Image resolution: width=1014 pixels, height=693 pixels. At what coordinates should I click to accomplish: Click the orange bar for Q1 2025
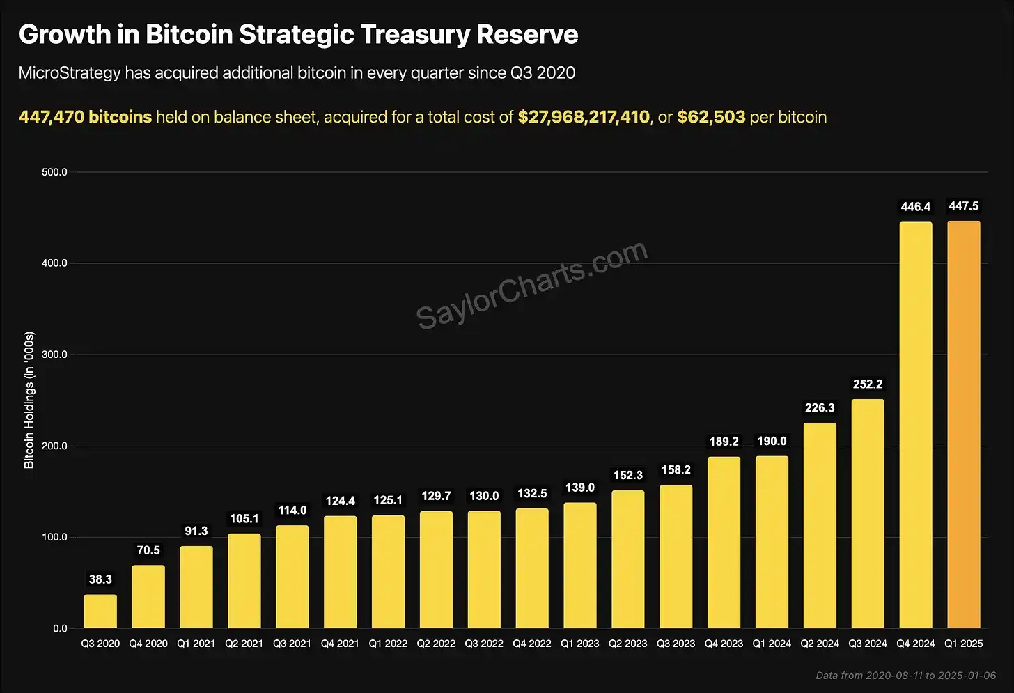(x=963, y=425)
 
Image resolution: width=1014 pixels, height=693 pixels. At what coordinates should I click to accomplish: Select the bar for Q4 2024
(x=915, y=425)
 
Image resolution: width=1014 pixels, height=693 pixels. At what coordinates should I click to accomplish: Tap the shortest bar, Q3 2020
(x=100, y=612)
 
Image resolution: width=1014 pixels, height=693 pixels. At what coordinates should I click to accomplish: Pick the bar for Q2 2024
(x=820, y=526)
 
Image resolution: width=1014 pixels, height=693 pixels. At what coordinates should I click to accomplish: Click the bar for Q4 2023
(x=724, y=543)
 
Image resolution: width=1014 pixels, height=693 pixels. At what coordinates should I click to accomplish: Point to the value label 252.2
(x=867, y=384)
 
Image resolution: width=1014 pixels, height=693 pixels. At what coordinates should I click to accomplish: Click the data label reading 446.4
(x=915, y=207)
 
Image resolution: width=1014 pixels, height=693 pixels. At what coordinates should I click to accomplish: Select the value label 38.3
(x=100, y=579)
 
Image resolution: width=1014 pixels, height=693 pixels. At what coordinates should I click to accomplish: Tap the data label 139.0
(x=579, y=488)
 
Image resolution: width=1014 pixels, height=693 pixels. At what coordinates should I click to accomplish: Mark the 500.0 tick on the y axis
(x=54, y=172)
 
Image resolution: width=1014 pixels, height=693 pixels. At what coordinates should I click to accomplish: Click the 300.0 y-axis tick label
(x=54, y=355)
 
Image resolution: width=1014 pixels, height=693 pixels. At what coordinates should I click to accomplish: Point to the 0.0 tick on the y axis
(x=60, y=628)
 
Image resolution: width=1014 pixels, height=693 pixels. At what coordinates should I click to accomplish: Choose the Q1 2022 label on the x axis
(x=388, y=644)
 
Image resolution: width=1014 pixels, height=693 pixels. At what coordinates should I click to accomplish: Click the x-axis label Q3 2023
(x=676, y=644)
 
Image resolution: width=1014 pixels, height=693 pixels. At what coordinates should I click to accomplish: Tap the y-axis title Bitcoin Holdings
(x=29, y=400)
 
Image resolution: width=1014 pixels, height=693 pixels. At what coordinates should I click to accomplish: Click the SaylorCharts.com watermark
(x=532, y=285)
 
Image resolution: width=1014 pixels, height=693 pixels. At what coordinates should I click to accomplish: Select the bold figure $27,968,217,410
(x=584, y=117)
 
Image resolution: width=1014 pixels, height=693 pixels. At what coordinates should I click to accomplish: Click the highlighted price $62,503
(x=711, y=117)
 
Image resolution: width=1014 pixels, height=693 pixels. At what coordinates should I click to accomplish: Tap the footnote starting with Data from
(x=905, y=676)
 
